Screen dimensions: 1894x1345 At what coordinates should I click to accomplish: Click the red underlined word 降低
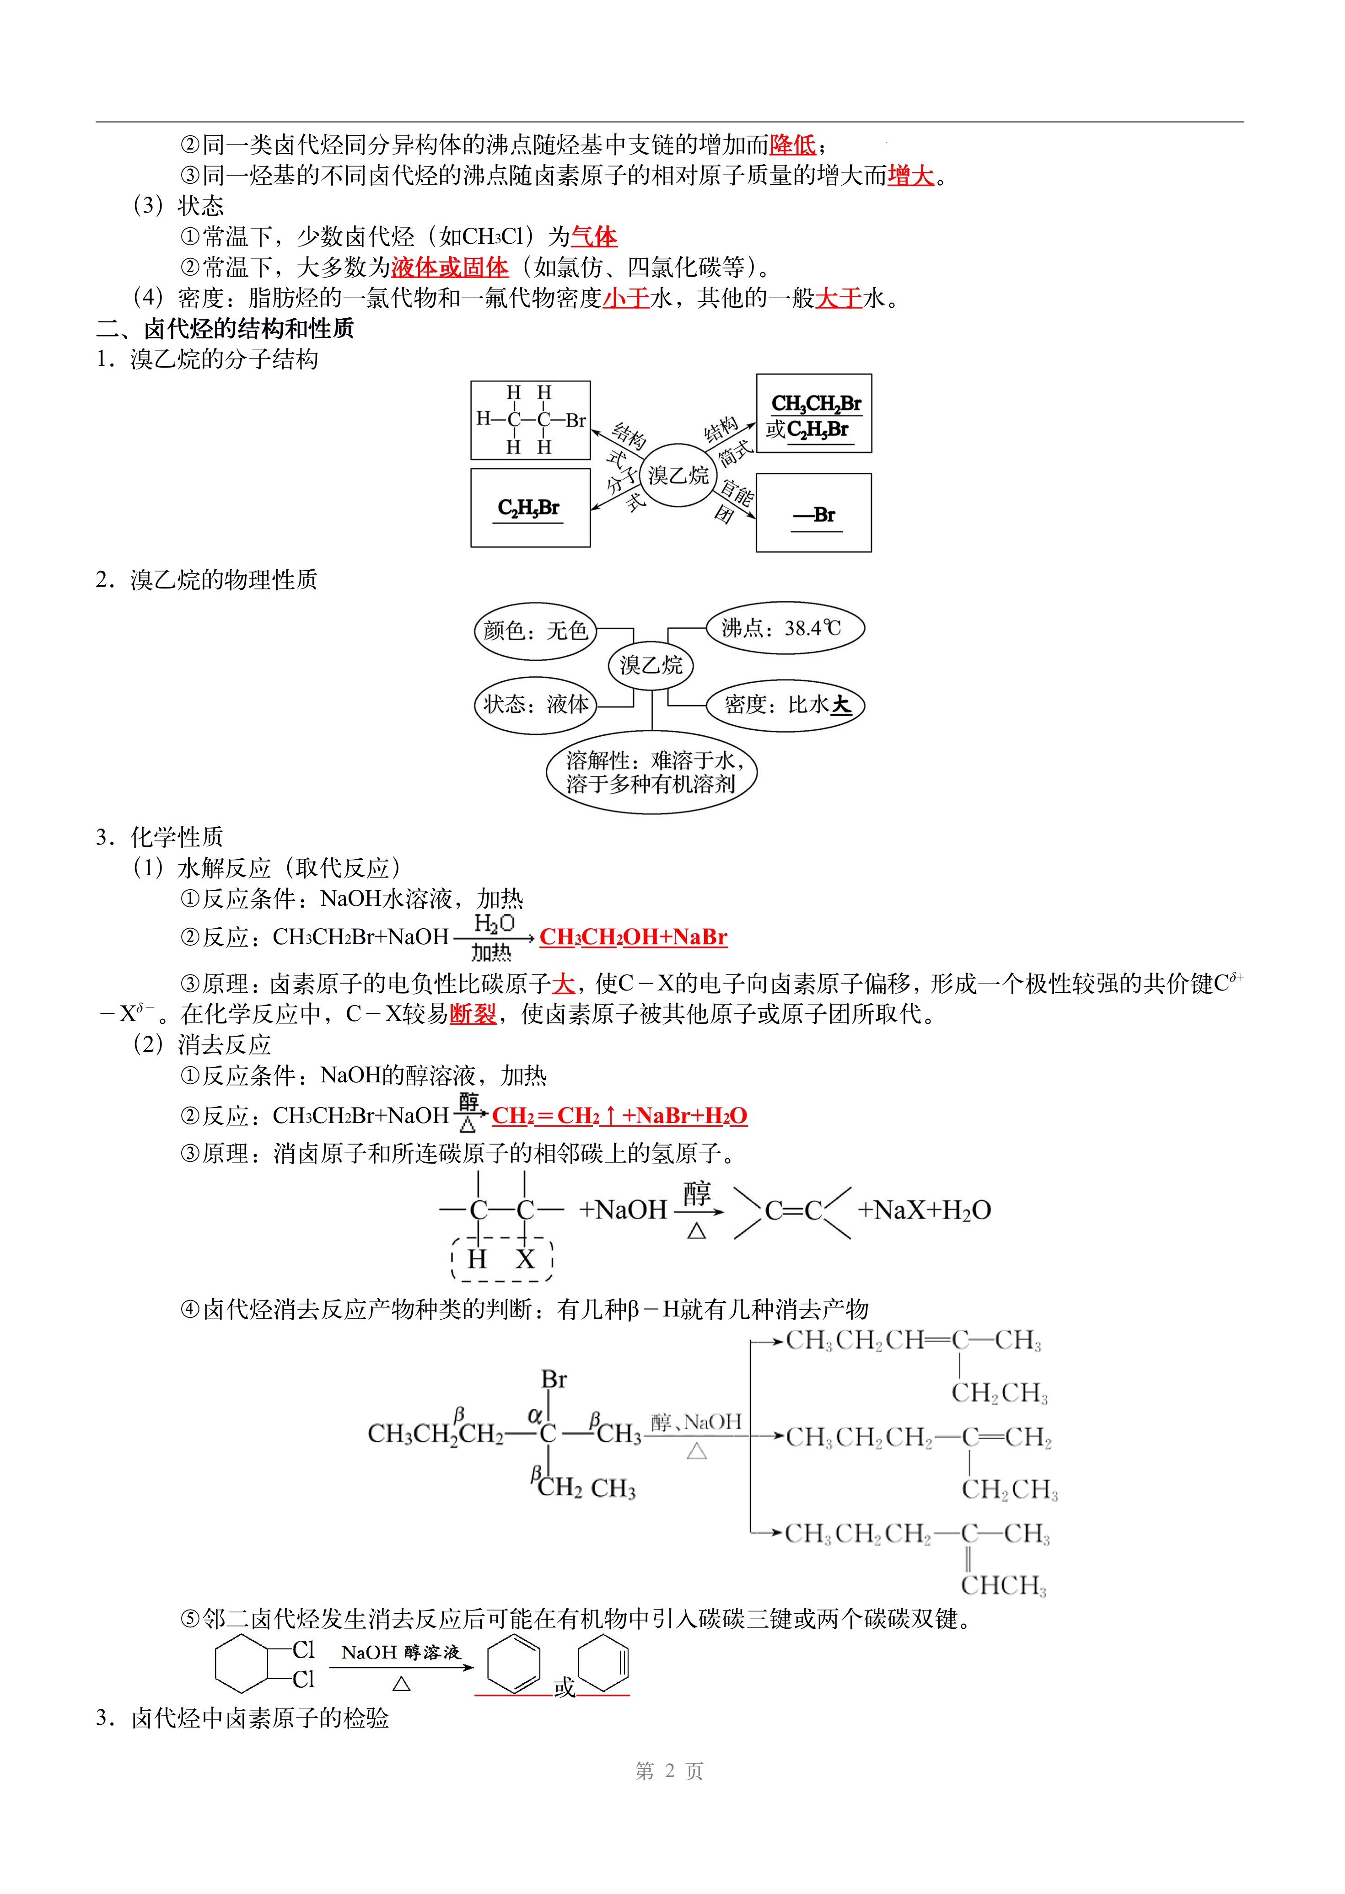pyautogui.click(x=792, y=145)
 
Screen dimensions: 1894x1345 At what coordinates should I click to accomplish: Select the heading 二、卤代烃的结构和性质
pyautogui.click(x=225, y=329)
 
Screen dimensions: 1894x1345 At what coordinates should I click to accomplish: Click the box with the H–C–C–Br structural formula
pyautogui.click(x=530, y=420)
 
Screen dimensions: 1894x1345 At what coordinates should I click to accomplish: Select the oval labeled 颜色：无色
pyautogui.click(x=535, y=631)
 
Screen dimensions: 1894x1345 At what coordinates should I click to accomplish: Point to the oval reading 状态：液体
pyautogui.click(x=535, y=705)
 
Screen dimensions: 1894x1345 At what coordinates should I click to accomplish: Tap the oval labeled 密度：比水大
pyautogui.click(x=784, y=705)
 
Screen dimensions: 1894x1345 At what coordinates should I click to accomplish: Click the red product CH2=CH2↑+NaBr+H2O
pyautogui.click(x=619, y=1116)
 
